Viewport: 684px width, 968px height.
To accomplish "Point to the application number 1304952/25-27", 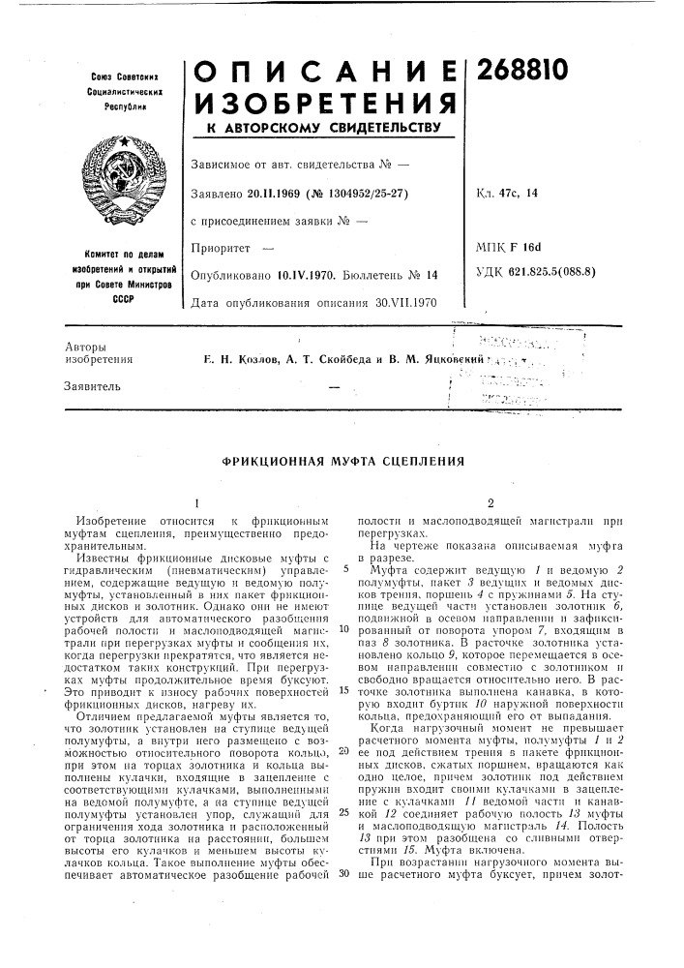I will pyautogui.click(x=372, y=194).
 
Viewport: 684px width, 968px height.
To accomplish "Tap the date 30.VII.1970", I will pyautogui.click(x=405, y=303).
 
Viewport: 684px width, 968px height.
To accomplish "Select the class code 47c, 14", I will pyautogui.click(x=520, y=194).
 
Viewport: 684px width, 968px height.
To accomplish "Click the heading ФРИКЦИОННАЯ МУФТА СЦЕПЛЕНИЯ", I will pyautogui.click(x=342, y=462).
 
